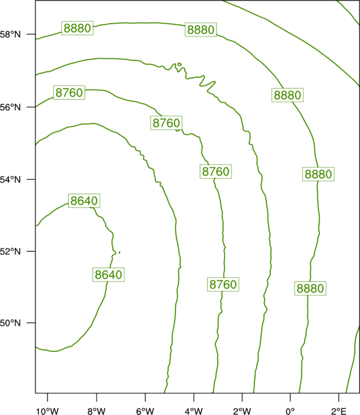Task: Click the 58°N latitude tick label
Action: [10, 34]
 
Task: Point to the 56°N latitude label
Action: [10, 107]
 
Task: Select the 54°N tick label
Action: [10, 180]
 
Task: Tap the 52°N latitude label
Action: [10, 251]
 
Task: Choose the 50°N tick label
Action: [10, 323]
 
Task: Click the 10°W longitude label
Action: [48, 411]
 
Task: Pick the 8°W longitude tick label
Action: [96, 411]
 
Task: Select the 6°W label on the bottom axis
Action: [145, 411]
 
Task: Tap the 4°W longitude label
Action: [194, 411]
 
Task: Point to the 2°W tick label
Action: [242, 411]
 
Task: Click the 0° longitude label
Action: [290, 411]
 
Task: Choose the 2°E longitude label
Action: [338, 411]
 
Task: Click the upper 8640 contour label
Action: [84, 201]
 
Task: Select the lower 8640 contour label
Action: [109, 274]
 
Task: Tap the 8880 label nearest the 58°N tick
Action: [78, 28]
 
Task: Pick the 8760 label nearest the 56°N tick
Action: [69, 92]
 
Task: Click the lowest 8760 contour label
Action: [223, 284]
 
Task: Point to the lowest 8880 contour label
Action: [310, 288]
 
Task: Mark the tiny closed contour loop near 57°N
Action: [179, 64]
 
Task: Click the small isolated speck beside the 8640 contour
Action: [120, 252]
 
